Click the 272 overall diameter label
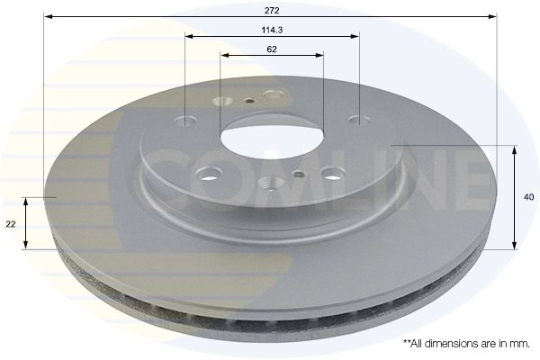[272, 10]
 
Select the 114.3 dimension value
[272, 30]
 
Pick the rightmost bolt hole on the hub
[357, 120]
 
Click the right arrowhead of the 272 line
[494, 16]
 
